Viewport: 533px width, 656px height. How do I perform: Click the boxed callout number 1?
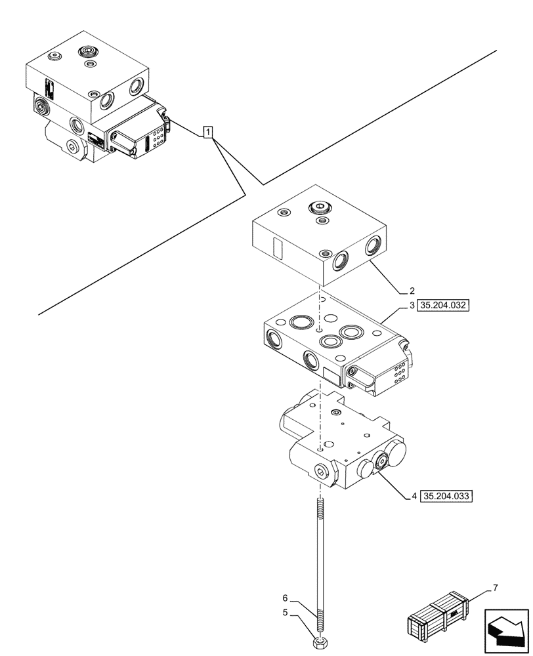tap(207, 133)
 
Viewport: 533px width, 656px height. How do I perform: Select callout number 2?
tap(412, 290)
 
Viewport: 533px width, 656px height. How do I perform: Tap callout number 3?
tap(412, 306)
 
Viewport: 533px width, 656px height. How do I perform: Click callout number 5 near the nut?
tap(285, 613)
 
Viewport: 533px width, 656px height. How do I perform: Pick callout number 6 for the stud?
tap(285, 598)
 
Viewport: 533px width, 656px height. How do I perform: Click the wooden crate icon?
tap(438, 616)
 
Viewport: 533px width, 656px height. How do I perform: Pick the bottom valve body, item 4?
tap(341, 446)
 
